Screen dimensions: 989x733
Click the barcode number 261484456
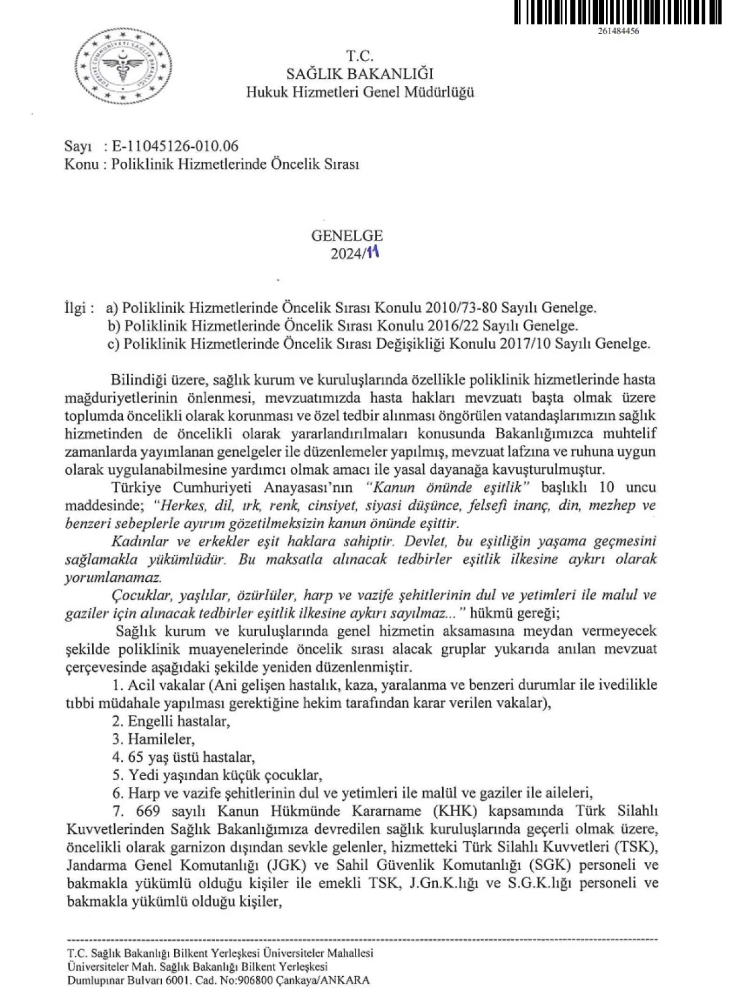pyautogui.click(x=619, y=32)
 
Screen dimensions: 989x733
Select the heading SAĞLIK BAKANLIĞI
pyautogui.click(x=360, y=74)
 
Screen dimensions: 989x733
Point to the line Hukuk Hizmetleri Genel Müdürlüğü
pyautogui.click(x=360, y=92)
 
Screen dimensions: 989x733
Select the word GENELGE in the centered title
pyautogui.click(x=347, y=236)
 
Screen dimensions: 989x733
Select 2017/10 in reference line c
pyautogui.click(x=521, y=344)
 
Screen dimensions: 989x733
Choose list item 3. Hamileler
pyautogui.click(x=153, y=739)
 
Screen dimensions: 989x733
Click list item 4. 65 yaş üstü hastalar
pyautogui.click(x=183, y=758)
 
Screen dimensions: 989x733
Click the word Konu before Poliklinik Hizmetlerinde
pyautogui.click(x=81, y=165)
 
